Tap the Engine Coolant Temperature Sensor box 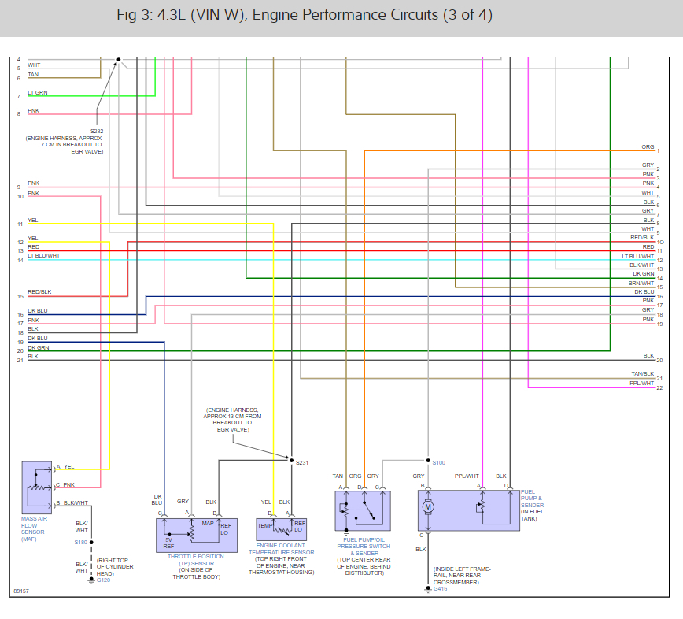click(x=281, y=528)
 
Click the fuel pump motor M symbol click(x=429, y=506)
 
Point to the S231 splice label click(x=302, y=462)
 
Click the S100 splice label click(x=439, y=462)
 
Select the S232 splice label click(x=96, y=131)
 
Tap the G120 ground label click(x=103, y=580)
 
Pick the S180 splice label click(x=80, y=542)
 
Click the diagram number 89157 click(x=21, y=590)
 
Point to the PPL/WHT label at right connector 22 click(x=642, y=384)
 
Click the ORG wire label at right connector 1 click(x=648, y=147)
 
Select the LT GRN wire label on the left click(x=38, y=93)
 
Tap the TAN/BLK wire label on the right click(x=642, y=373)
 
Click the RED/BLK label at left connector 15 click(x=39, y=292)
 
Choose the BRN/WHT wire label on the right click(x=641, y=283)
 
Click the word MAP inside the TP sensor click(x=208, y=524)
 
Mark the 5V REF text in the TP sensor click(x=168, y=543)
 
